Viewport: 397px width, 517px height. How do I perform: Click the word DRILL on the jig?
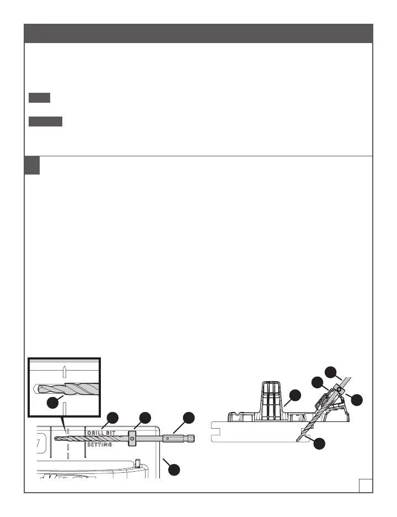click(x=95, y=432)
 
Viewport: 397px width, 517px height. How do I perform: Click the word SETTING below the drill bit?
click(x=100, y=445)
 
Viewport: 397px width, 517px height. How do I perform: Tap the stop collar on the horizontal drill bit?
click(x=132, y=439)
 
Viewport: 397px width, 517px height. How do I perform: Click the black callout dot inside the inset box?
click(x=52, y=403)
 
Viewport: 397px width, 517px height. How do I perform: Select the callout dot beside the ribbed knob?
click(x=296, y=394)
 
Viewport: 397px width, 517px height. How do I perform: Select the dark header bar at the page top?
click(x=198, y=33)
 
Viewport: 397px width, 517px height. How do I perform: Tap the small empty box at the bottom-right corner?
click(x=364, y=485)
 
